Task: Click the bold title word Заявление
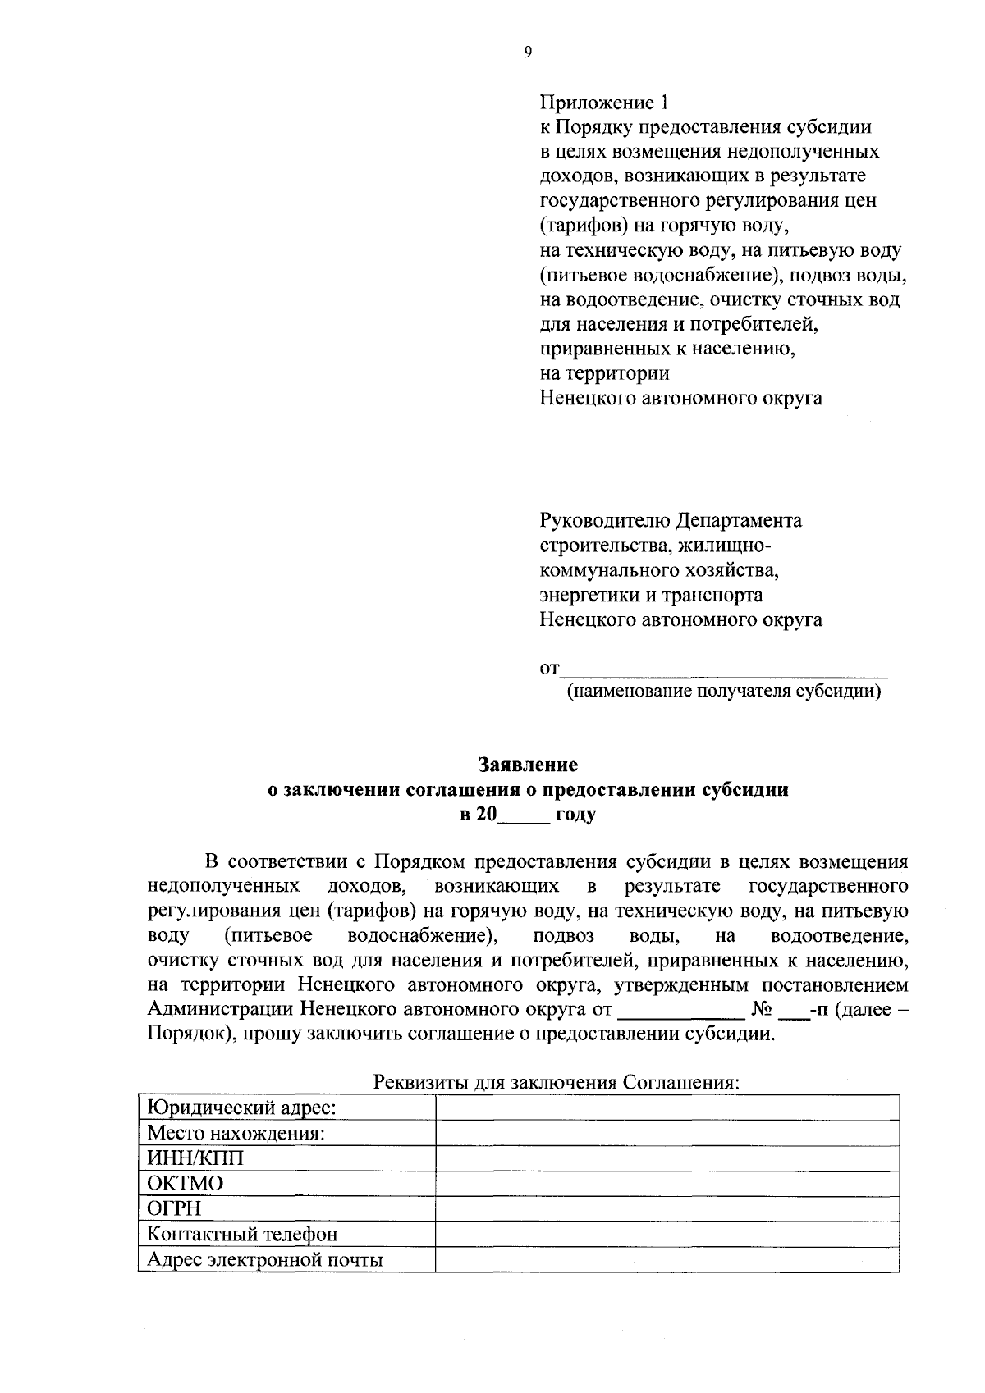529,765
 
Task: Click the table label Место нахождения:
236,1134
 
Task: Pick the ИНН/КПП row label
195,1158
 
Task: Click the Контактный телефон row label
242,1234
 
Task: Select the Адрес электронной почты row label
264,1259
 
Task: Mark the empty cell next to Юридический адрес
667,1108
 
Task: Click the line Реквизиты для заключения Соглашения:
557,1082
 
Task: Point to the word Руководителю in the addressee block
605,521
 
